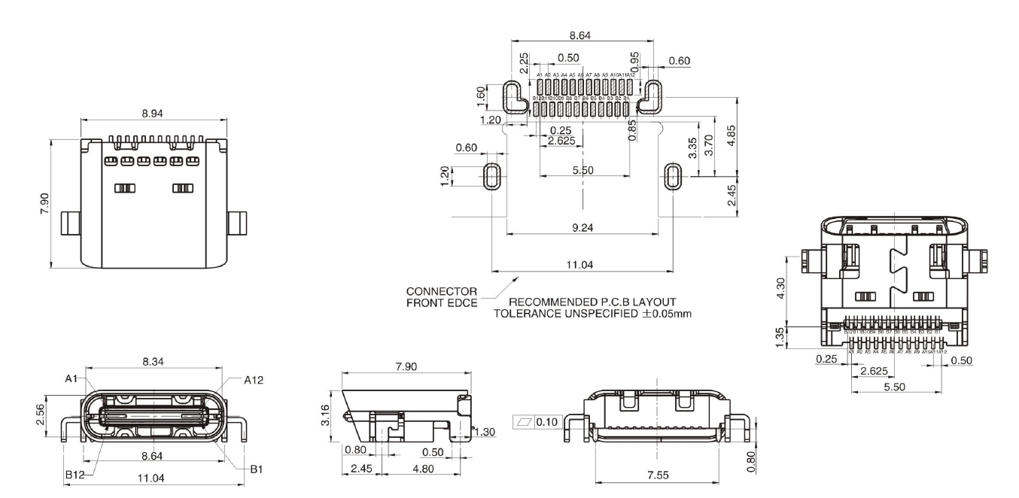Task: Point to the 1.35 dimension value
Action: tap(780, 335)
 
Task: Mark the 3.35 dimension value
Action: tap(692, 148)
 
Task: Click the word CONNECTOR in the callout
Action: tap(431, 291)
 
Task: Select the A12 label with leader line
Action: tap(254, 380)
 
